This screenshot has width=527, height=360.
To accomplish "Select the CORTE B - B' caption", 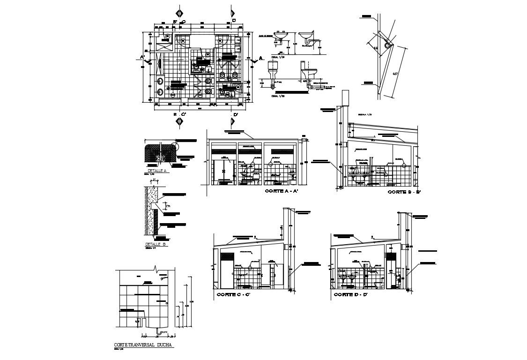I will [404, 192].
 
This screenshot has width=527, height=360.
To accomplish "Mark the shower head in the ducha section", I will [163, 278].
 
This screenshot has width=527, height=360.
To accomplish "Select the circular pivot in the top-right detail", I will [387, 45].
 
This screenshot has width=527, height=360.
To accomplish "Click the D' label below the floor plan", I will [235, 115].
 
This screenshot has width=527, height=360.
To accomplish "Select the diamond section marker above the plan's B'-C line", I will [178, 12].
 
